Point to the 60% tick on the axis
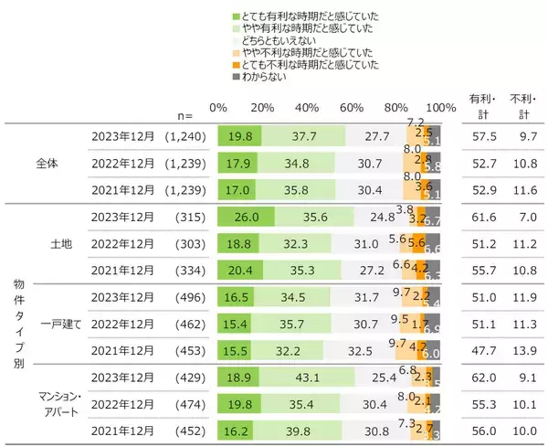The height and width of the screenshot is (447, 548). tap(353, 108)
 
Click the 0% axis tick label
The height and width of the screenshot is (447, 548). tap(218, 108)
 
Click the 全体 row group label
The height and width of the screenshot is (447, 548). tap(48, 165)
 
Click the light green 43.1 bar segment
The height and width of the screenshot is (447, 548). tap(310, 376)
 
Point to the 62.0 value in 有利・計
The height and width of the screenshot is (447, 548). tap(482, 376)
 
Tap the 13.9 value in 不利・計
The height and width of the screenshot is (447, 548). tap(523, 349)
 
